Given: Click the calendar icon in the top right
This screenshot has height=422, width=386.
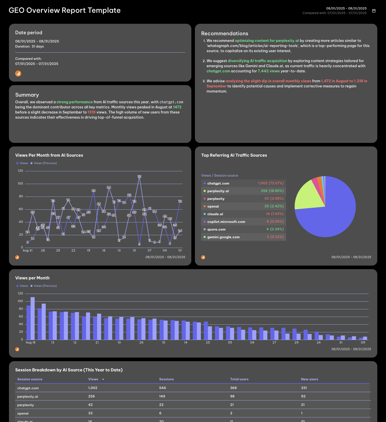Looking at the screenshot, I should tap(374, 11).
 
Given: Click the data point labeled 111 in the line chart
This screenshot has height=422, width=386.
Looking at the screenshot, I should tap(139, 177).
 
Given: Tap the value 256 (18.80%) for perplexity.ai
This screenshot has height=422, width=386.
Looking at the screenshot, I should tap(272, 191).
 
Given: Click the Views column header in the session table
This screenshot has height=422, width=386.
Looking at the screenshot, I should tap(93, 379).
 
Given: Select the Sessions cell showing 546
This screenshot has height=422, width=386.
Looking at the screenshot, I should tap(162, 388).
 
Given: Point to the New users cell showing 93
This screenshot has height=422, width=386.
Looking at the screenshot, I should tap(303, 396).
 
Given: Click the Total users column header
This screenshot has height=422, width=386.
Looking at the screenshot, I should tap(239, 379).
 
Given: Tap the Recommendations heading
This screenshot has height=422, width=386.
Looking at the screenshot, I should tap(225, 33).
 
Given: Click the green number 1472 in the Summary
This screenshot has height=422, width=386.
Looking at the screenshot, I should tap(177, 107).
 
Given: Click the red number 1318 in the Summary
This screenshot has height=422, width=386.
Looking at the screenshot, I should tap(91, 112).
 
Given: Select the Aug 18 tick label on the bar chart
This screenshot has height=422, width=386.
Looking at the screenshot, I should tap(30, 343).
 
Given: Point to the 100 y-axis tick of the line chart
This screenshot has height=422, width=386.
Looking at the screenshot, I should tap(20, 184).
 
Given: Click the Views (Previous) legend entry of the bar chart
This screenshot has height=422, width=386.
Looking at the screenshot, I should tap(45, 286).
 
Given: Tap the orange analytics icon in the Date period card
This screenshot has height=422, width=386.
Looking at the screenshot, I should tap(18, 74).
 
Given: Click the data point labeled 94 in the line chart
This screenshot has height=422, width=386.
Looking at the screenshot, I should tap(109, 188).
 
